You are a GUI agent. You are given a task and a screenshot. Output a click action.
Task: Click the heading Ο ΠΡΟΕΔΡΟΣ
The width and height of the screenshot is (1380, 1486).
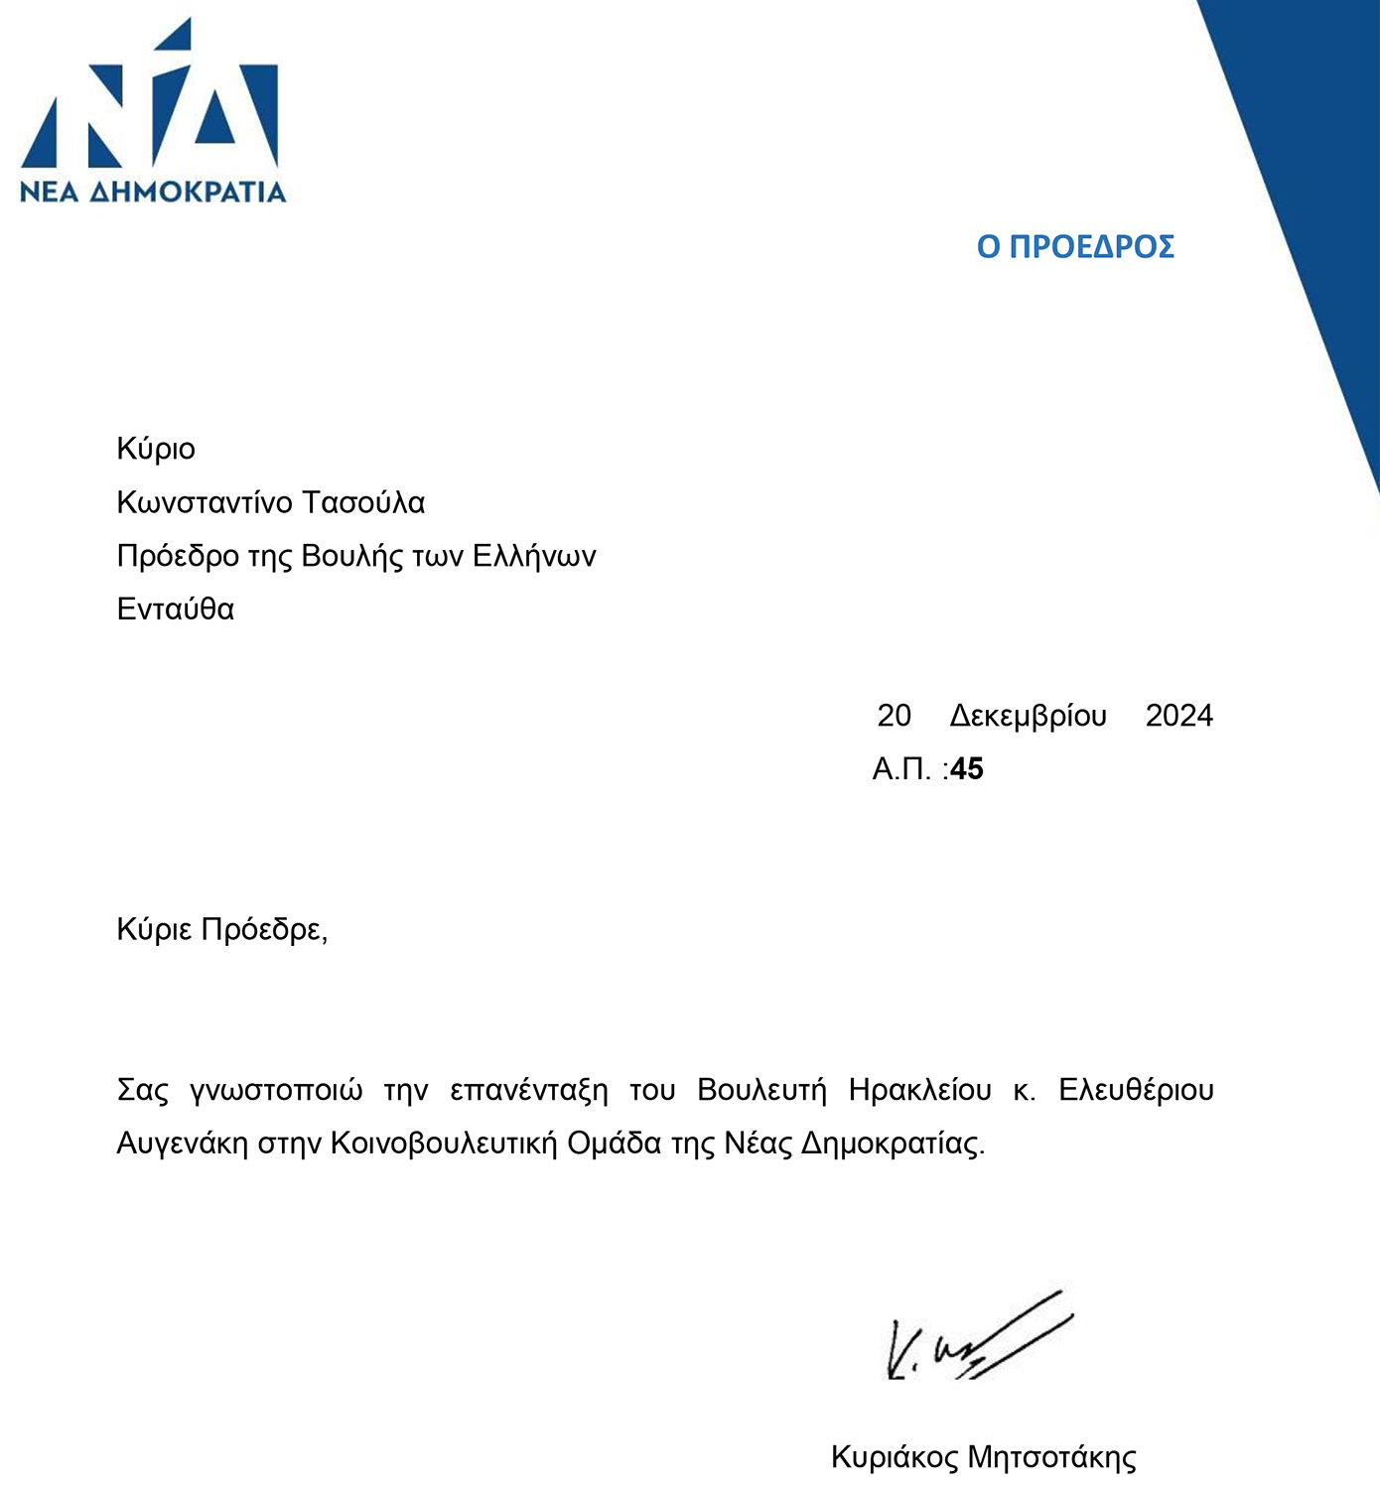coord(1075,247)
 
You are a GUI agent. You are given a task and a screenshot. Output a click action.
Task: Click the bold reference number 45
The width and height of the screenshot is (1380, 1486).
coord(967,769)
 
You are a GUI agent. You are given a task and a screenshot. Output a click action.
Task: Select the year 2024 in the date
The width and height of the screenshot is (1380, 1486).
coord(1178,716)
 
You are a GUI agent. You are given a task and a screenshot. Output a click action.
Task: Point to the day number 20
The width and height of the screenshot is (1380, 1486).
coord(894,716)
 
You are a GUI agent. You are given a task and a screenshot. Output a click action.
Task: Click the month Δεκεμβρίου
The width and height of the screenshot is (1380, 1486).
coord(1028,717)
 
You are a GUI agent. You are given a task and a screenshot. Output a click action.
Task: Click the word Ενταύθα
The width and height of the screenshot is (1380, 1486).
coord(176,608)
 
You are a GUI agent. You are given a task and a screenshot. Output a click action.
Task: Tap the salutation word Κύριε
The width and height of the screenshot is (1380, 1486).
coord(154,930)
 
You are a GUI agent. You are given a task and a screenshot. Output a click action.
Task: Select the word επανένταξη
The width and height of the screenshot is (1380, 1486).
coord(528,1091)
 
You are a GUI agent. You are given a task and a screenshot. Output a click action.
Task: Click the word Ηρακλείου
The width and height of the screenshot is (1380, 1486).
coord(919,1091)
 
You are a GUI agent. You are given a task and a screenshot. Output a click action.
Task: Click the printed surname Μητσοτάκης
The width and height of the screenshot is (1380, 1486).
coord(1051,1458)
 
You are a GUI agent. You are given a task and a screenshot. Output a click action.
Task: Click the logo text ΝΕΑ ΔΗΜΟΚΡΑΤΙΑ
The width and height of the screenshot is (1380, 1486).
coord(153,192)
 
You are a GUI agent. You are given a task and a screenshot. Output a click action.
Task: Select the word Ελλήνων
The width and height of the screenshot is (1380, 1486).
coord(534,556)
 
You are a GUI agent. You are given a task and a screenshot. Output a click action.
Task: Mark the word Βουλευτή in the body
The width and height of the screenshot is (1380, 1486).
coord(761,1091)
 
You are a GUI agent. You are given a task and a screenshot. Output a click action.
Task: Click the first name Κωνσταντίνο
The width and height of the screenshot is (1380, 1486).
coord(205,503)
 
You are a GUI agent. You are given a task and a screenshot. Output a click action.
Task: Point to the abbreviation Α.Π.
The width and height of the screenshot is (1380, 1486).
coord(901,769)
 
